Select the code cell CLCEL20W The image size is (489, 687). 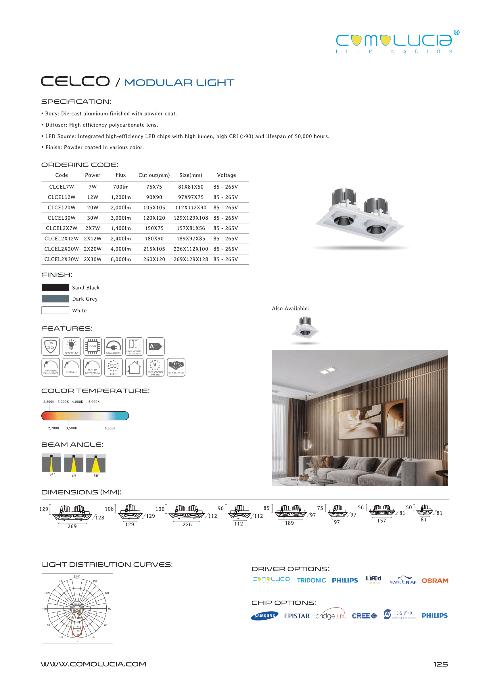tap(62, 208)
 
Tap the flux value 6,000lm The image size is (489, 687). tap(121, 259)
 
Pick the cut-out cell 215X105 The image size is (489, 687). tap(154, 249)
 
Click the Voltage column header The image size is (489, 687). tap(227, 175)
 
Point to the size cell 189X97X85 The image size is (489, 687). tap(191, 239)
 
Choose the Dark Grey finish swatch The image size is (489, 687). tap(55, 299)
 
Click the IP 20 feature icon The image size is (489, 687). tap(51, 346)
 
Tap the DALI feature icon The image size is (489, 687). tap(72, 367)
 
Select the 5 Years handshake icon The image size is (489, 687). tap(176, 367)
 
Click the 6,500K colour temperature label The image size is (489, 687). tap(110, 428)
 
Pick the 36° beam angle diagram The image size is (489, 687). tap(96, 464)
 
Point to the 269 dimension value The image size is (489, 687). tap(72, 527)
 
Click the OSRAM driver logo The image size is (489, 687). tap(435, 581)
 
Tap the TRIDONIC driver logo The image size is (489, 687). tap(311, 580)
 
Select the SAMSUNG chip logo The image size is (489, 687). tap(265, 616)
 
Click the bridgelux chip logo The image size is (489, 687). tap(330, 615)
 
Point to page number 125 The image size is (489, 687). tap(440, 664)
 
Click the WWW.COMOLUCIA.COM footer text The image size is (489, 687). tap(93, 664)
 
